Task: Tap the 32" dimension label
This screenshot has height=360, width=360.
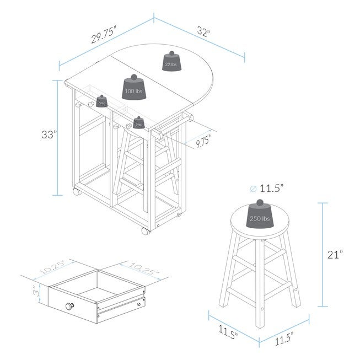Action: pos(203,32)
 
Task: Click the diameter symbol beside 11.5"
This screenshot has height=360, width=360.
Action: pos(253,189)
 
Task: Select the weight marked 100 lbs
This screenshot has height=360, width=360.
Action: pos(133,90)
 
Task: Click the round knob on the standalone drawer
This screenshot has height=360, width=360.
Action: pos(71,307)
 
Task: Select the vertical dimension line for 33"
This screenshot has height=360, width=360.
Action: pos(56,138)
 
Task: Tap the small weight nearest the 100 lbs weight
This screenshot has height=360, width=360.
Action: pos(101,101)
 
